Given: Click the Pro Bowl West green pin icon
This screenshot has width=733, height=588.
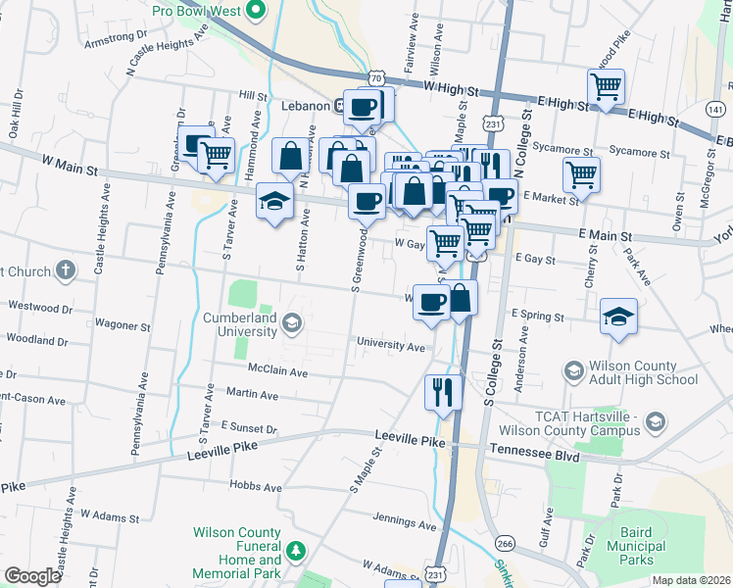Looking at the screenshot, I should (258, 12).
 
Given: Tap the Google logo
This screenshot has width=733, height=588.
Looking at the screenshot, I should (32, 576).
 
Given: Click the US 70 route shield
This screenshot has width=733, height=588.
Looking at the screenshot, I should (377, 75).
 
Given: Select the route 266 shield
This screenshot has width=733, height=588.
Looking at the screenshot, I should (506, 543).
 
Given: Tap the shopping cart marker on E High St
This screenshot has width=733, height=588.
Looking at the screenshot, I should (607, 86).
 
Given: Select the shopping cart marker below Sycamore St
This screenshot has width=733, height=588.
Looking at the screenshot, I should (582, 175).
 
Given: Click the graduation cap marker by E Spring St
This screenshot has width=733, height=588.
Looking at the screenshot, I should (619, 316).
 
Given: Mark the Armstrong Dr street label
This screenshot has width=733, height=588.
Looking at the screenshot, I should (116, 43).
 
